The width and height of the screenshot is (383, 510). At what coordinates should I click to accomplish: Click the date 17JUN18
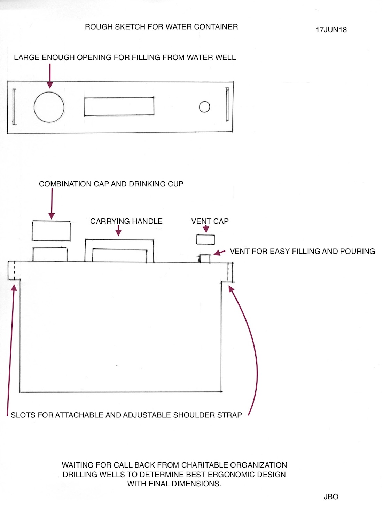331,30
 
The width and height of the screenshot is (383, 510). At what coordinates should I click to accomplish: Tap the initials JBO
331,496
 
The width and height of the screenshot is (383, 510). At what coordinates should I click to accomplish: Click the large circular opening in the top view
34,107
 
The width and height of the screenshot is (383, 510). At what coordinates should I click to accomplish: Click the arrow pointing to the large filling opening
50,76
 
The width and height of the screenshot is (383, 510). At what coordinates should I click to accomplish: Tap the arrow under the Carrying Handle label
118,231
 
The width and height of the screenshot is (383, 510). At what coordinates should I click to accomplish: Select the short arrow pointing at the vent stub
219,253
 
